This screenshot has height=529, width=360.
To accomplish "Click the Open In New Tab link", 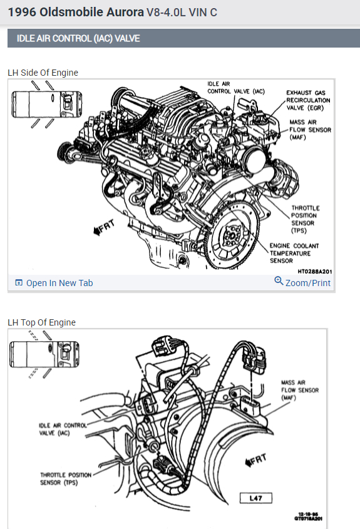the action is (x=54, y=283).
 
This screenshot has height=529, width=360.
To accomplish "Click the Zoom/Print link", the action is (x=302, y=282).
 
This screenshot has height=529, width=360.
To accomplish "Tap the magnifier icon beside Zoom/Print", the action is (x=279, y=280).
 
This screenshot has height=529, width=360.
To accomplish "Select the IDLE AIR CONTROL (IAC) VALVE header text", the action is (x=78, y=38).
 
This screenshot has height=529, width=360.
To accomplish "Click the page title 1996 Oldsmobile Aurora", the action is (x=76, y=12).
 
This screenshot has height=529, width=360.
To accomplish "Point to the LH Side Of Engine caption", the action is (x=43, y=73).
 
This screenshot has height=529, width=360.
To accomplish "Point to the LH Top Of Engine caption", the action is (x=41, y=322).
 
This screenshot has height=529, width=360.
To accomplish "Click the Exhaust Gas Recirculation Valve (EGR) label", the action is (x=308, y=100).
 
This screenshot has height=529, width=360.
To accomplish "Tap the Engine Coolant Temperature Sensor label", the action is (x=294, y=253).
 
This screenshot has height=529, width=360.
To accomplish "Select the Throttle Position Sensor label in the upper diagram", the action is (x=305, y=219).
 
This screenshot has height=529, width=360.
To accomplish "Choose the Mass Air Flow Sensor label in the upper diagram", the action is (x=310, y=130).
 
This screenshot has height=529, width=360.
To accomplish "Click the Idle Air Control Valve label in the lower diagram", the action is (x=63, y=429).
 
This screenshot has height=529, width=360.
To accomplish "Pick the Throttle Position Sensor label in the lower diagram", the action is (x=66, y=479).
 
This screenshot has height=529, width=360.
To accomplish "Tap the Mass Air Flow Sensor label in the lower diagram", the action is (x=300, y=390).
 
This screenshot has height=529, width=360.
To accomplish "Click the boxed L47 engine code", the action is (x=255, y=498).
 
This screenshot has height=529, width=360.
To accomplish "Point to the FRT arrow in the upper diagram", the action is (x=104, y=227).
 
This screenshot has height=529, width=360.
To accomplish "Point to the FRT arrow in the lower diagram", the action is (x=255, y=461).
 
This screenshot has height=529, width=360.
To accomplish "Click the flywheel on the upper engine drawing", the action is (x=232, y=235).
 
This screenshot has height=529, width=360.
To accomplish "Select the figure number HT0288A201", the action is (x=314, y=272).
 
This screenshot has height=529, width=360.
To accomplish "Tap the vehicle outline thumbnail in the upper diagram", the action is (x=46, y=105).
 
